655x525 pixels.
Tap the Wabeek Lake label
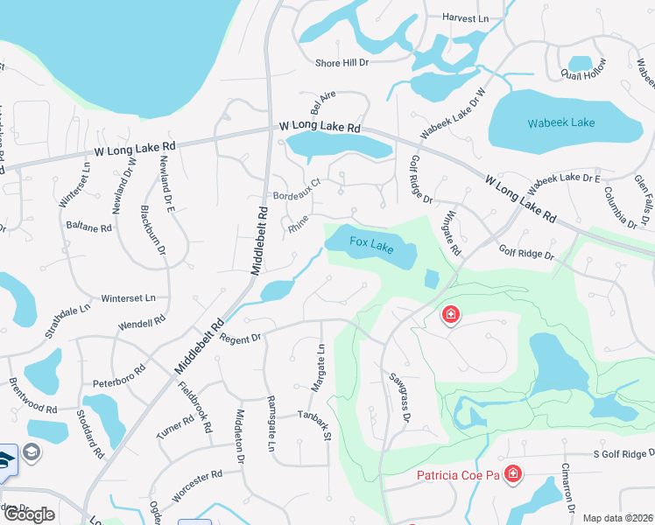561,122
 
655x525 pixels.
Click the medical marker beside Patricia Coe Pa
511,475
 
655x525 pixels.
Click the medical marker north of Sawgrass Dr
451,314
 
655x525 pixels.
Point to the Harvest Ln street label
465,17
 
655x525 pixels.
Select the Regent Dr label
241,338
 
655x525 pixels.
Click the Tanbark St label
316,424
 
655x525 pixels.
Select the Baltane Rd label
89,227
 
